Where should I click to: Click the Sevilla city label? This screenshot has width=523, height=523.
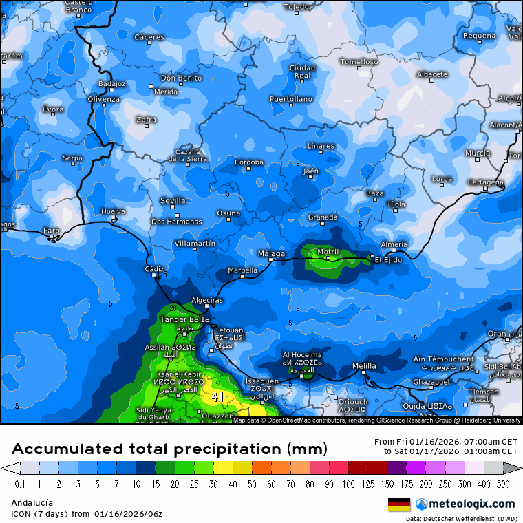[x=173, y=201]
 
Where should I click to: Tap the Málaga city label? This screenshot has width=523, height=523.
[x=270, y=253]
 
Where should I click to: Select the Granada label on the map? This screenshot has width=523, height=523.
[x=322, y=217]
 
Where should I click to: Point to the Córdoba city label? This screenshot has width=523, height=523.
[x=249, y=162]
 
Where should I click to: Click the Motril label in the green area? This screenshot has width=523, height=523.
[x=328, y=251]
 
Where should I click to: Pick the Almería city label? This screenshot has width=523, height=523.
[x=394, y=244]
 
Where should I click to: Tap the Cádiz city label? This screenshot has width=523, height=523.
[x=154, y=268]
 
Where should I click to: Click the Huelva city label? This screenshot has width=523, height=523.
[x=114, y=211]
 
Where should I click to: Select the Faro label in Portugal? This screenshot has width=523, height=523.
[x=52, y=231]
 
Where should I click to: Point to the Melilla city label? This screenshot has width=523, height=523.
[x=364, y=365]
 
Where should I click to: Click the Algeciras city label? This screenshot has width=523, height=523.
[x=206, y=300]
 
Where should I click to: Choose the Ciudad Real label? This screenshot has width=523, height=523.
[x=302, y=72]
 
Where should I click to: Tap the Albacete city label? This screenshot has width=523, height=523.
[x=432, y=74]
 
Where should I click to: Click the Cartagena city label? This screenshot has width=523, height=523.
[x=485, y=182]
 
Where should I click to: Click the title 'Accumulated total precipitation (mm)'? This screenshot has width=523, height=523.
[x=169, y=449]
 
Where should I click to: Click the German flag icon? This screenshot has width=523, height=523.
[x=399, y=504]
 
